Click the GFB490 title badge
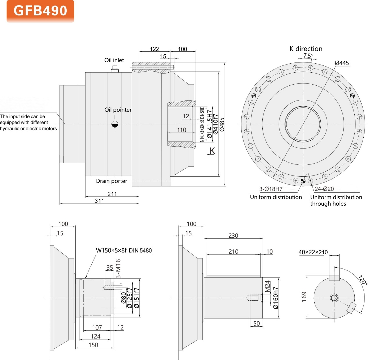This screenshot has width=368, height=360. tap(40, 11)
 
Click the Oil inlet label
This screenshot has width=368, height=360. tap(114, 60)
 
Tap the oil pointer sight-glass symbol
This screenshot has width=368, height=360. tap(115, 124)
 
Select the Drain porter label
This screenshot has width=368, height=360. tap(111, 181)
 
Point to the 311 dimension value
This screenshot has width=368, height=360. tap(99, 200)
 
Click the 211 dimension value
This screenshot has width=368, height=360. tap(112, 194)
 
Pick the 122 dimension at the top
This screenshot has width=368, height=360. tap(154, 49)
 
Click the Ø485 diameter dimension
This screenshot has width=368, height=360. tap(222, 125)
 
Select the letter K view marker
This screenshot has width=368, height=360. tap(212, 151)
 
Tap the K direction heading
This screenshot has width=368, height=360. tap(306, 49)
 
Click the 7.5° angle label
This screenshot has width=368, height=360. tap(308, 55)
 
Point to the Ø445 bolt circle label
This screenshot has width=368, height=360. tap(342, 63)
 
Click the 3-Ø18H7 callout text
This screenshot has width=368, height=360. tap(270, 189)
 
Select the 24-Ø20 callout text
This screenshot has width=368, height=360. tap(324, 189)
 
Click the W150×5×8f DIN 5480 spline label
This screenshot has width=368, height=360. tap(124, 250)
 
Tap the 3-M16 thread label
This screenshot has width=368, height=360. tap(118, 268)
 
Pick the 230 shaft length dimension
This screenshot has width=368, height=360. tap(233, 235)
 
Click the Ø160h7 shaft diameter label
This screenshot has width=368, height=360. tap(275, 298)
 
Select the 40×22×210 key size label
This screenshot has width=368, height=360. tap(313, 252)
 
